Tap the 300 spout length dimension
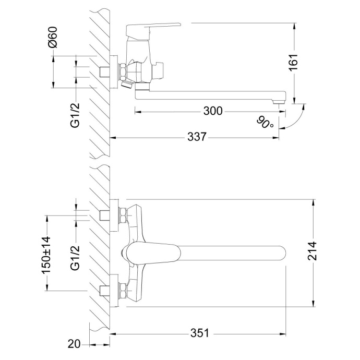click(x=213, y=111)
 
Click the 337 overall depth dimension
click(x=197, y=137)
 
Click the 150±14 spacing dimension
click(x=46, y=255)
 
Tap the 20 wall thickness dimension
click(x=75, y=344)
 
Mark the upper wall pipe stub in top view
click(x=105, y=214)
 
